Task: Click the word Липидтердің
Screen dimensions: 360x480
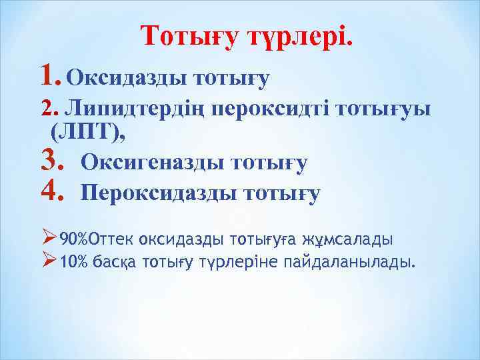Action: [x=136, y=108]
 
